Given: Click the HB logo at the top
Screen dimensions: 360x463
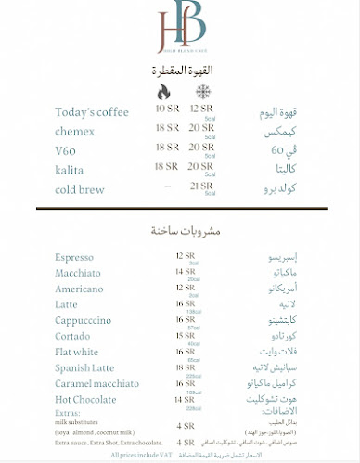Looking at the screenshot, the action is coord(179,30).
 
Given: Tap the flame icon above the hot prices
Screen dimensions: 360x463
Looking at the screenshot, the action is coord(163,93).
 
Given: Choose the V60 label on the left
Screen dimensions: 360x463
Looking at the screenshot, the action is coord(67,148).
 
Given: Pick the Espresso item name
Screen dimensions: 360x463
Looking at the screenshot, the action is coord(74,257).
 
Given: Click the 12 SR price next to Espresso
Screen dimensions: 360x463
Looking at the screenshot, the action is coord(186,256).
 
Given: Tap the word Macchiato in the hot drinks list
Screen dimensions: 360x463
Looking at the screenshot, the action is coord(78,273).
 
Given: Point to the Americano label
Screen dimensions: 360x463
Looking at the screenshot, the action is coord(78,289).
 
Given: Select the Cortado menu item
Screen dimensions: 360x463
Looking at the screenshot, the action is coord(72,336).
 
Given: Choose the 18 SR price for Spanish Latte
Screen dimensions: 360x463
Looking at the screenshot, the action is coord(186,368).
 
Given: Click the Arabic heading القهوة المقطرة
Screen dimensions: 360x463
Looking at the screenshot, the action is coord(178,71).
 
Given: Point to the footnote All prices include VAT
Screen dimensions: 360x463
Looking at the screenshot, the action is coord(142,455).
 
